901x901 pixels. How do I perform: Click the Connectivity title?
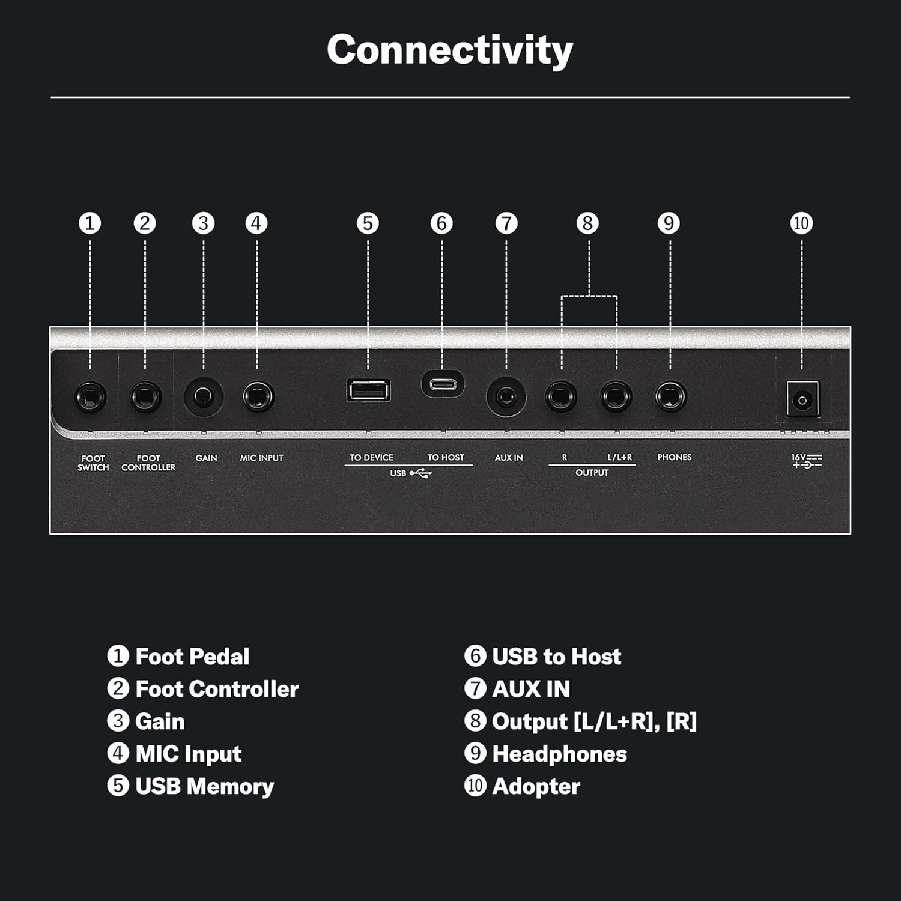pos(450,50)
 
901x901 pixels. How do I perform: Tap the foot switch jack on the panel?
pos(91,397)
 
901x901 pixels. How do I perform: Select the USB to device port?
pos(369,390)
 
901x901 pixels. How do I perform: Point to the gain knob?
pos(204,396)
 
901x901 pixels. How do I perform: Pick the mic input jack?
pos(259,396)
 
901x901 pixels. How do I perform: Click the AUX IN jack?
pos(506,396)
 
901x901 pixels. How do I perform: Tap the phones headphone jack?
pos(671,396)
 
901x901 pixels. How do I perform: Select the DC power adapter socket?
pos(802,399)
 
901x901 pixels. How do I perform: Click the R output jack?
pos(561,396)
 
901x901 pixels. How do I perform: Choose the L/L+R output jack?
pos(616,396)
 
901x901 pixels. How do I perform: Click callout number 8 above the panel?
pos(587,223)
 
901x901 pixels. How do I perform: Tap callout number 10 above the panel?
pos(801,223)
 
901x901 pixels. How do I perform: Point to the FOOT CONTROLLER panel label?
pos(148,463)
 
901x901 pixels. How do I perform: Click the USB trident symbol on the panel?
pos(421,473)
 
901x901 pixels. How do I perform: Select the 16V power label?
pos(807,461)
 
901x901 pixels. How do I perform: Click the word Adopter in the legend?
pos(536,786)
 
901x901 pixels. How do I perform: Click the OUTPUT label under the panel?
pos(592,473)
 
